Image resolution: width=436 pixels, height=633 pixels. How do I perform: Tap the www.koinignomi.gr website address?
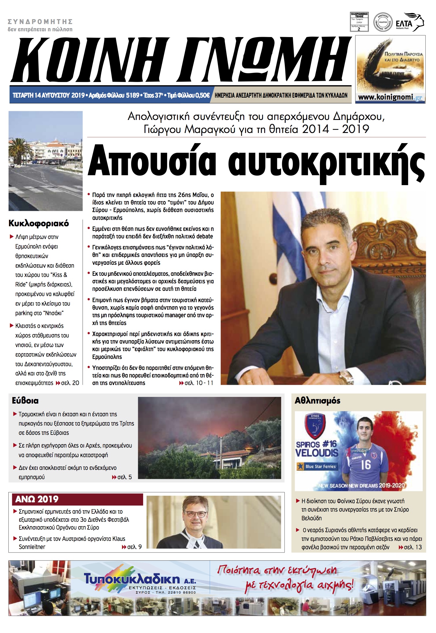point(390,97)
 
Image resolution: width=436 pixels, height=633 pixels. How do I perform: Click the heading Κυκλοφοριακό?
point(39,223)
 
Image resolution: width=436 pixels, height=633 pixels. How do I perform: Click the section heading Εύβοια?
point(25,401)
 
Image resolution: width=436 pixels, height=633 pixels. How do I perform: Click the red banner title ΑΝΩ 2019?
point(37,499)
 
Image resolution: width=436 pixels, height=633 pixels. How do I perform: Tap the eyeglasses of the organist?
point(196,514)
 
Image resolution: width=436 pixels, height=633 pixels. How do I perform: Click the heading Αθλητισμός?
point(317,401)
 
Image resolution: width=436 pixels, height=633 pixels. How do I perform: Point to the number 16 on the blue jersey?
point(366,464)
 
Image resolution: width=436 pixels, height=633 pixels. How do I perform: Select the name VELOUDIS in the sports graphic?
point(317,453)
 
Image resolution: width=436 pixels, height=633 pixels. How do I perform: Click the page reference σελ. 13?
point(413,547)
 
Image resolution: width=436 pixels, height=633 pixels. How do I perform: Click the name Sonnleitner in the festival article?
point(32,547)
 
